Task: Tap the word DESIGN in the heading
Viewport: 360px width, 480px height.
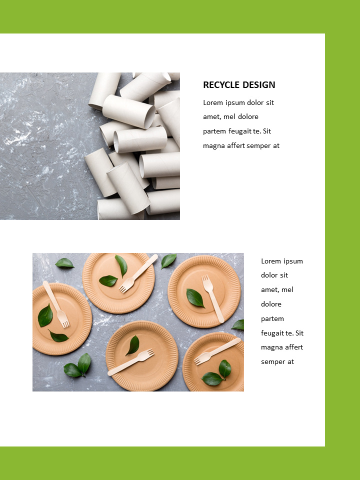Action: coord(258,85)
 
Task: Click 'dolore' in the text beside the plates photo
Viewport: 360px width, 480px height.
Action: coord(271,304)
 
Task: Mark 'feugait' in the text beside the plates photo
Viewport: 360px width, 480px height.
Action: coord(273,333)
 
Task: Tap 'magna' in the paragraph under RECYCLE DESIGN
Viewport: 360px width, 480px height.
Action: coord(214,146)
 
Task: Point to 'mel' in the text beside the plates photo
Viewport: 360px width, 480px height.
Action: coord(287,290)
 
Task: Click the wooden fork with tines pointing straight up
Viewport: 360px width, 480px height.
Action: coord(212,298)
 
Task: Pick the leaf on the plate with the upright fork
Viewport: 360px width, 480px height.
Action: coord(195,298)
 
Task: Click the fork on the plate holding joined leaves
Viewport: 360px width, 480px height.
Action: coord(217,351)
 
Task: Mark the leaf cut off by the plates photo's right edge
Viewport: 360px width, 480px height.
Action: coord(238,325)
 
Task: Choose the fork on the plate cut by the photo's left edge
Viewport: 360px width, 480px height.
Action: coord(56,304)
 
